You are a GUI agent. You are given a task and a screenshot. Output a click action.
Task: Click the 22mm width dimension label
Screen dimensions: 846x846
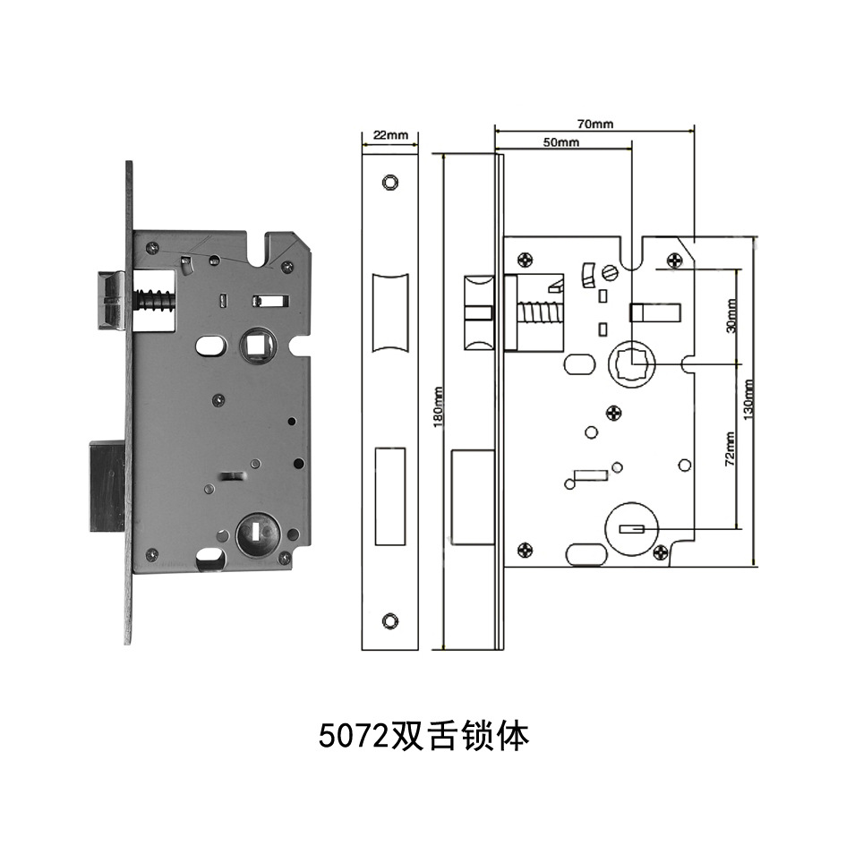point(389,134)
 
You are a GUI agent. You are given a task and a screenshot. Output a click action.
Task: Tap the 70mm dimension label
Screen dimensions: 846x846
point(594,124)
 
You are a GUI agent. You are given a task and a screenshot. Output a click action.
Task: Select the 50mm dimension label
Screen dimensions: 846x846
point(561,142)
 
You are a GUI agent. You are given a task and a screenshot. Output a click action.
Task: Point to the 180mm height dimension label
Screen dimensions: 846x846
point(438,407)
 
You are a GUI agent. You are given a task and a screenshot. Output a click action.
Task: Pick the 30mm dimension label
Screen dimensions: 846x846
point(732,316)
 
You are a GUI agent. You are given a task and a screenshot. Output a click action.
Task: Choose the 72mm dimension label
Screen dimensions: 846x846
point(731,448)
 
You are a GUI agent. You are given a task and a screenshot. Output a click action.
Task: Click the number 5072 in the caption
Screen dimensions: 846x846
point(351,737)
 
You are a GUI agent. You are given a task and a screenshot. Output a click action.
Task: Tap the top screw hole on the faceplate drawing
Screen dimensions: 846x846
point(389,182)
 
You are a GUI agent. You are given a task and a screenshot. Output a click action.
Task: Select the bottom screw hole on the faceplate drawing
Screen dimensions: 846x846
point(389,620)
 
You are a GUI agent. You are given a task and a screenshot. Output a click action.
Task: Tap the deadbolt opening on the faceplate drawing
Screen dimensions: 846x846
point(389,495)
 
